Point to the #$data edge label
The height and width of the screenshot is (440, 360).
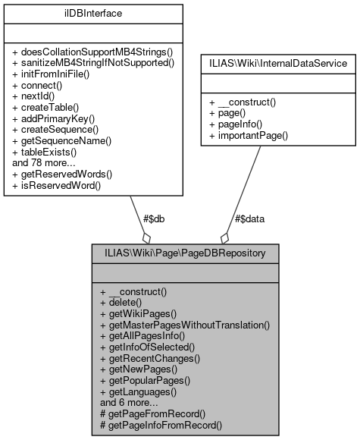click(249, 219)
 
